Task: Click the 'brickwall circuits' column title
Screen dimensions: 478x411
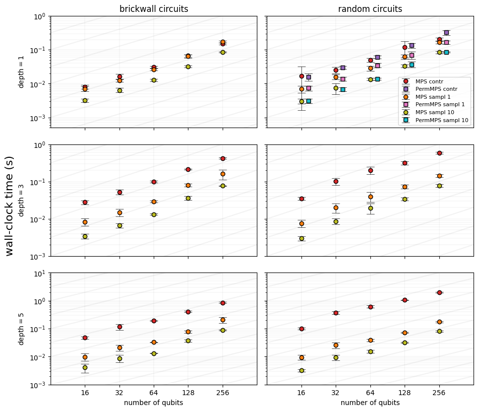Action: pyautogui.click(x=154, y=9)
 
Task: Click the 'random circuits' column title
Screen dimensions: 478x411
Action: pyautogui.click(x=370, y=9)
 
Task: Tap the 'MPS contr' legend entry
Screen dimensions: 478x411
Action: pyautogui.click(x=429, y=81)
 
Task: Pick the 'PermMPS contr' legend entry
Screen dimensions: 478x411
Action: pyautogui.click(x=436, y=89)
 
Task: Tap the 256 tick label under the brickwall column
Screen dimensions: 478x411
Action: pyautogui.click(x=223, y=393)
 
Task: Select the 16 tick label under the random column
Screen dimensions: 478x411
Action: pyautogui.click(x=301, y=393)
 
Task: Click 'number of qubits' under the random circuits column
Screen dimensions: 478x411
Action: pyautogui.click(x=370, y=403)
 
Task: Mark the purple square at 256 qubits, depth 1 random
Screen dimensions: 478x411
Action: pyautogui.click(x=446, y=32)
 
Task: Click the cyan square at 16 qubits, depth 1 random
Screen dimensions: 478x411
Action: pyautogui.click(x=308, y=101)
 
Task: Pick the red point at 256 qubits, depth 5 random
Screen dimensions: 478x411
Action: pyautogui.click(x=440, y=292)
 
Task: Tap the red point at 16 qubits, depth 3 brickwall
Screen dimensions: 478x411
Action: pyautogui.click(x=85, y=203)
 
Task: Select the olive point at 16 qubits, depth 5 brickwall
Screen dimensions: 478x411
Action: pyautogui.click(x=85, y=368)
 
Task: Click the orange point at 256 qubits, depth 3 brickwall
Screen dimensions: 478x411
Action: pyautogui.click(x=223, y=174)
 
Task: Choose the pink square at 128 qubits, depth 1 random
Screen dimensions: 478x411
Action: pyautogui.click(x=412, y=55)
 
